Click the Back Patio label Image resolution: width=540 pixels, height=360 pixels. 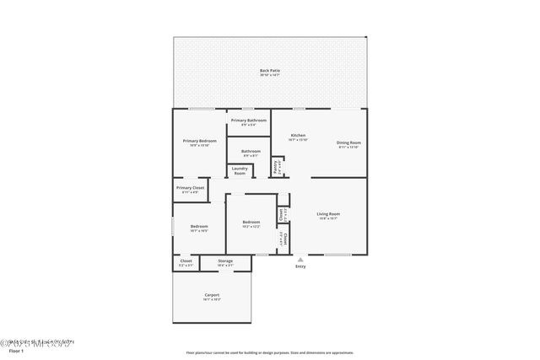point(270,71)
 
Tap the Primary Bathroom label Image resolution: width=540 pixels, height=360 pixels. point(250,121)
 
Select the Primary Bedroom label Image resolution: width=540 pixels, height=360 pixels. point(200,141)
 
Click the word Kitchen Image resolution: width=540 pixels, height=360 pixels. point(298,136)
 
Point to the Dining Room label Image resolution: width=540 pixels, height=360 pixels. point(348,142)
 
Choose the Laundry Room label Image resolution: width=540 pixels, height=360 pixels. point(240,172)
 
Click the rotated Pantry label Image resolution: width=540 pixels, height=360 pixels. point(276,167)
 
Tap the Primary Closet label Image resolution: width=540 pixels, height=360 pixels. point(190,187)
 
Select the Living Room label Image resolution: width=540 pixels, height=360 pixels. point(327,214)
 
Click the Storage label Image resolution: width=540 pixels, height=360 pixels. point(224,261)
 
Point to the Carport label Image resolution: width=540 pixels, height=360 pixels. point(211,295)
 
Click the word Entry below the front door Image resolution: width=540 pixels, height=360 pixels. point(300,267)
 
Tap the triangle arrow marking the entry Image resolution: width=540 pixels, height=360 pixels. point(300,260)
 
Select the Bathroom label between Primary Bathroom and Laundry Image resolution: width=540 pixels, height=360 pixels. point(251,152)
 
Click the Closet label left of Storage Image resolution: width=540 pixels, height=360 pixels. point(186,261)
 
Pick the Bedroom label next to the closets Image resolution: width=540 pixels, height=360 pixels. point(251,223)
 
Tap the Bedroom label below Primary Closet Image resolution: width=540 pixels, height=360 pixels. point(199,226)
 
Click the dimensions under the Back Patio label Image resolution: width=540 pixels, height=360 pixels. point(270,76)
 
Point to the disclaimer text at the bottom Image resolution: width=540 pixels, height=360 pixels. point(270,353)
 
